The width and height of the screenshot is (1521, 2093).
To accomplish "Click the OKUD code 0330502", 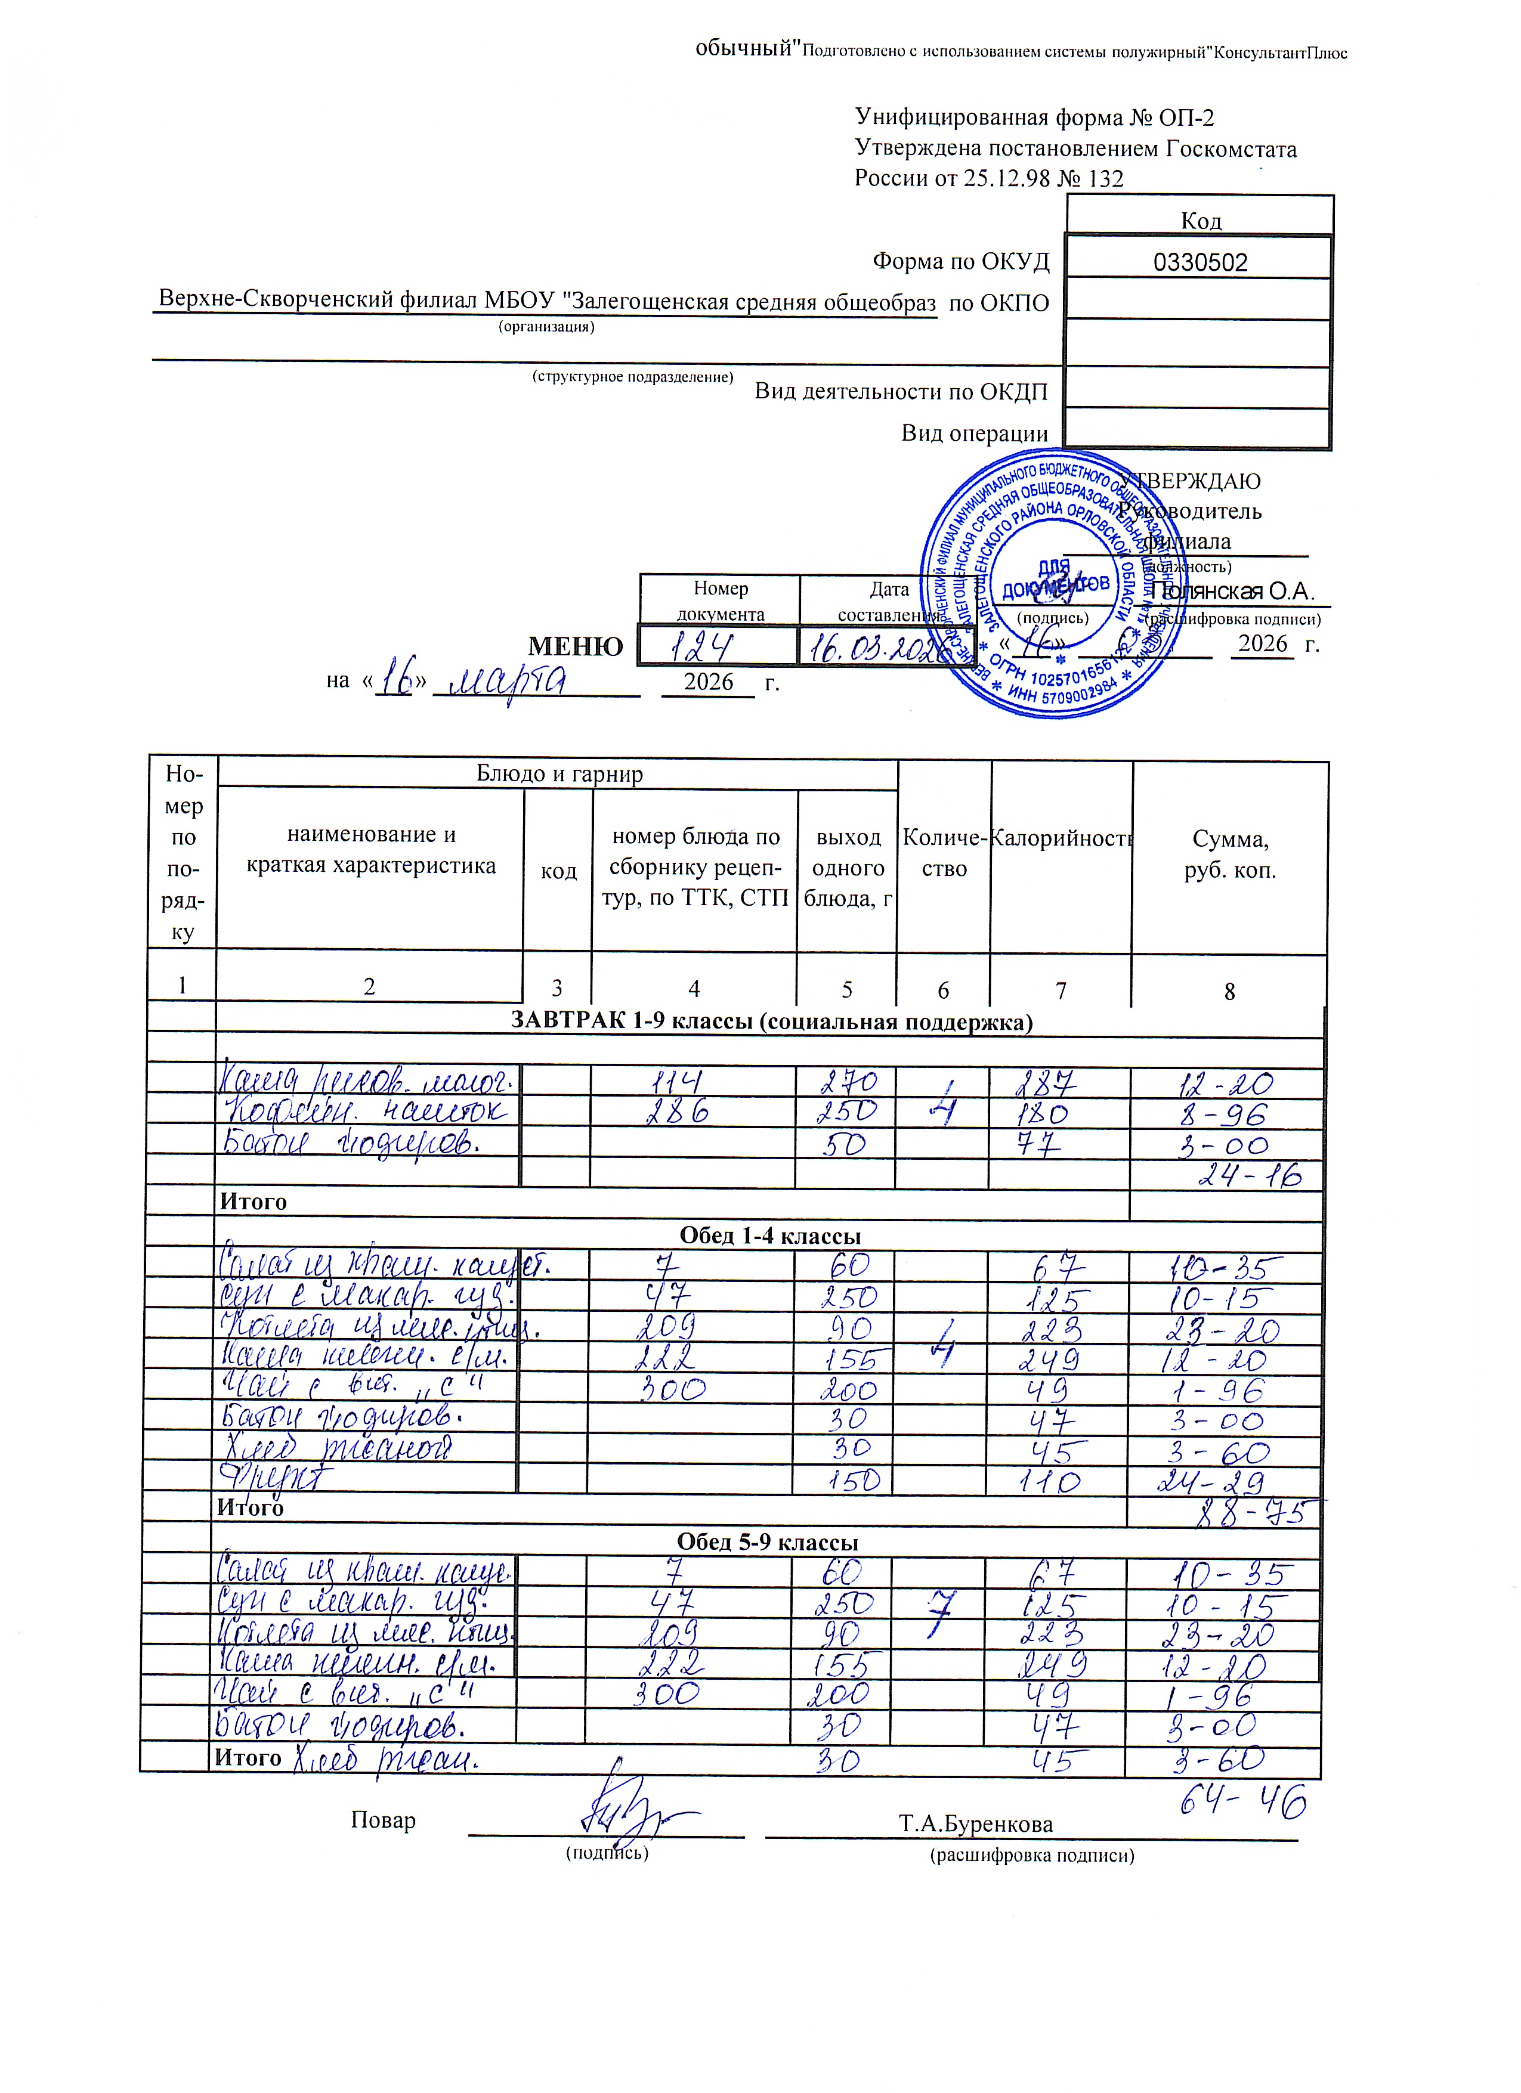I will [1200, 263].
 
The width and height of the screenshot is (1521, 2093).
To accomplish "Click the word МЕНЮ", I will [575, 647].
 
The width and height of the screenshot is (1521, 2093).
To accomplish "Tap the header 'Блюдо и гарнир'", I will [559, 773].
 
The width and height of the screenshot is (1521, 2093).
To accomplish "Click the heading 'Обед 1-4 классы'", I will [769, 1236].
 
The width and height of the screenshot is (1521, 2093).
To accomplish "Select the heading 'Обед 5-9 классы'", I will [768, 1542].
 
